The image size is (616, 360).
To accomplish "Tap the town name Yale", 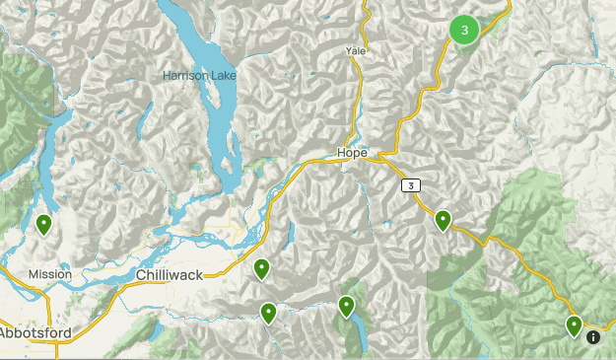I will [x=356, y=50].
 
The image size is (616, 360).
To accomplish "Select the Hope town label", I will [x=352, y=153].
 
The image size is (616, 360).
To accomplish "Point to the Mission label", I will [x=49, y=273].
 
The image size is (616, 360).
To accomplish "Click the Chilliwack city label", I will [x=170, y=274].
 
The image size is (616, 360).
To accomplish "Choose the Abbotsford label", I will [x=35, y=334].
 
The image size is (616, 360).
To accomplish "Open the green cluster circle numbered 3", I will [x=464, y=30].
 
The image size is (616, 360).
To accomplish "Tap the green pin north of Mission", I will [x=44, y=225].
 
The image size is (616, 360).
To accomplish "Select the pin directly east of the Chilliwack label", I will [x=262, y=268].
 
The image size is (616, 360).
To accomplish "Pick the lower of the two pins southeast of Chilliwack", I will [x=268, y=313].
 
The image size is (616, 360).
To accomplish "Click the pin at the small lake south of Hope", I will [x=346, y=306].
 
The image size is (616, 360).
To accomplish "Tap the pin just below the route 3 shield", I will [x=444, y=220].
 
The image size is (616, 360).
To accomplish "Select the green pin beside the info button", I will [x=574, y=325].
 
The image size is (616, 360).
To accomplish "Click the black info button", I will [x=593, y=336].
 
